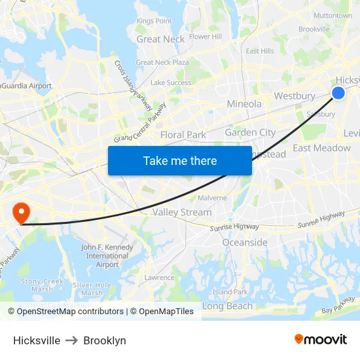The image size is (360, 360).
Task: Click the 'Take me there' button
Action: pos(180,160)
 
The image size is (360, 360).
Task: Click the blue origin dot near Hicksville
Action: pos(338,93)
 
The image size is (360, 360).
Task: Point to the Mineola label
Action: pos(243,104)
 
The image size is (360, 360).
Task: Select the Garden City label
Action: pos(250,132)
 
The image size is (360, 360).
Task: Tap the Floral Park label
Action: pos(183,135)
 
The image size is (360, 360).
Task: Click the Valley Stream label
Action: pos(182,212)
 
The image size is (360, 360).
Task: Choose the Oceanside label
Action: pos(245,242)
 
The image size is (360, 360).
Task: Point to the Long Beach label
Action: pos(227,306)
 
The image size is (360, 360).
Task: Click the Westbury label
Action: pos(295,96)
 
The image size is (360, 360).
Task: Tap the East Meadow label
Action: pos(321,148)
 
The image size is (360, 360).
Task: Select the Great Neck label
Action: pos(160,39)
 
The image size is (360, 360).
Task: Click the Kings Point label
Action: pos(154,21)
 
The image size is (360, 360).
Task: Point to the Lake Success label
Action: pos(171,82)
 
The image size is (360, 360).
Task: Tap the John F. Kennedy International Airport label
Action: pos(107,256)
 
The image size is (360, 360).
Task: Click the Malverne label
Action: pos(212,198)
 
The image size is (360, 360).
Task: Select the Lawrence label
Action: pos(160,278)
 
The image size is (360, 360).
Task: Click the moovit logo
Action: pos(320,339)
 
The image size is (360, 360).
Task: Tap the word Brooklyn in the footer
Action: pos(105,340)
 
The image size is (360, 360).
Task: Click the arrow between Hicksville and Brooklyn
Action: pos(72,340)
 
